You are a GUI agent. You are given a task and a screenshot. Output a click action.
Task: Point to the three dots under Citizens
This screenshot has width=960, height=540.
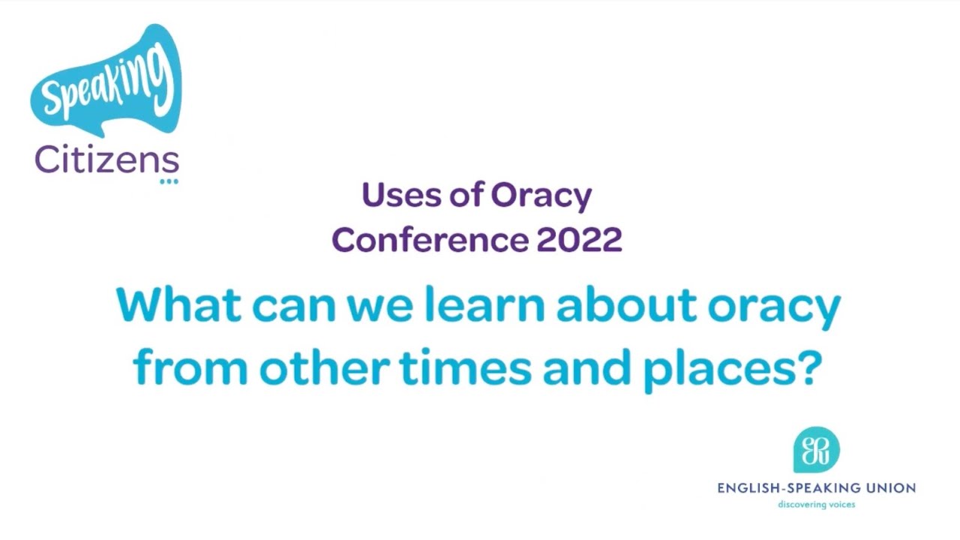(x=169, y=181)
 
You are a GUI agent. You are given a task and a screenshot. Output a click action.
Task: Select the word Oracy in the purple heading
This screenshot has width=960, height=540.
(x=541, y=196)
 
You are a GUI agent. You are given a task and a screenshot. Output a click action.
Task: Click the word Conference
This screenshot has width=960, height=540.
(x=429, y=240)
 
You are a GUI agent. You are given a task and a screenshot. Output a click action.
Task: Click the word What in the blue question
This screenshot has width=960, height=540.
(x=178, y=306)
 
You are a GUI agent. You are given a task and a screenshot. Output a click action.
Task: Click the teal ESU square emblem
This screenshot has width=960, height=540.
(x=816, y=450)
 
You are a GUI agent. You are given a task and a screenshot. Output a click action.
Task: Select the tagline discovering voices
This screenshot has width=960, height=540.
(x=816, y=505)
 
